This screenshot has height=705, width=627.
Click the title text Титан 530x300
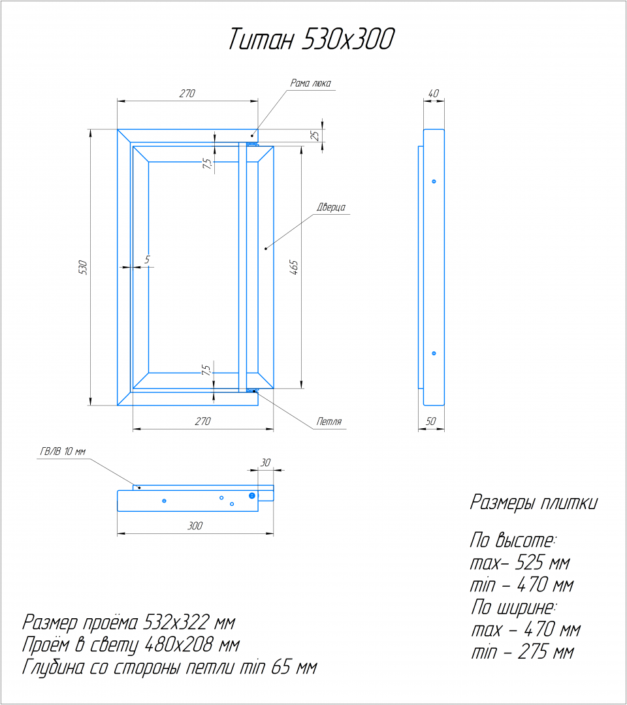[312, 39]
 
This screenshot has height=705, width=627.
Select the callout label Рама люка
[310, 83]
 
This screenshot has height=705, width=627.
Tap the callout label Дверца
[331, 208]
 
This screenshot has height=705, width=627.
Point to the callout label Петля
[329, 421]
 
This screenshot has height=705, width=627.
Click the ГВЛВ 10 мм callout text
[63, 452]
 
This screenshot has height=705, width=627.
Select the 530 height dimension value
[82, 268]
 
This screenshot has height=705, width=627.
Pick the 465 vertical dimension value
[293, 267]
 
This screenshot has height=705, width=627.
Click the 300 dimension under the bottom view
[195, 525]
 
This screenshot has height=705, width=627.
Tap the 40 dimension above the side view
[433, 93]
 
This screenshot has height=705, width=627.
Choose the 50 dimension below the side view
[430, 421]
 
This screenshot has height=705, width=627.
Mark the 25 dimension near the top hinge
[315, 135]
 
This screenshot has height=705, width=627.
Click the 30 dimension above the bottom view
[265, 463]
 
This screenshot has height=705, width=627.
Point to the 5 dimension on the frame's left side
[147, 259]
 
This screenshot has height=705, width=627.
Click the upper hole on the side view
[434, 181]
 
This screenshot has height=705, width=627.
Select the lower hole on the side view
[434, 353]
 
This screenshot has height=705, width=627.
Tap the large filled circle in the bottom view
[252, 495]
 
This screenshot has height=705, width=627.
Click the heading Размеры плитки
[534, 502]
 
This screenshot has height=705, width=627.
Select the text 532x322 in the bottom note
[176, 623]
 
